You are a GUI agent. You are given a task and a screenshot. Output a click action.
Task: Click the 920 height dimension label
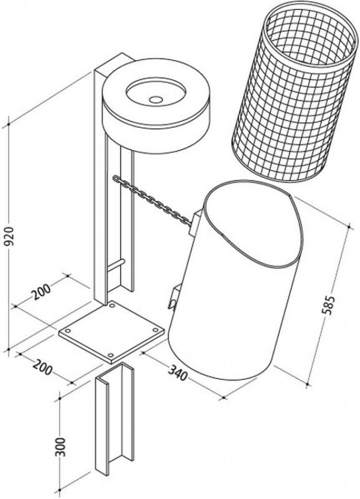(x=9, y=236)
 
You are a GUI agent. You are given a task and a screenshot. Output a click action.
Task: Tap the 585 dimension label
(x=328, y=305)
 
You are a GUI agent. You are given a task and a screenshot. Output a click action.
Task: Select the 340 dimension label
(x=178, y=372)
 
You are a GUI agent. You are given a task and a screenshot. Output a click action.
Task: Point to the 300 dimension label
(x=60, y=447)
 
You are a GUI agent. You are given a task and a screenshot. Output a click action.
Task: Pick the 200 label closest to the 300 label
(x=42, y=366)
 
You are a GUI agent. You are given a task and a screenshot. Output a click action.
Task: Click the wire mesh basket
(x=294, y=92)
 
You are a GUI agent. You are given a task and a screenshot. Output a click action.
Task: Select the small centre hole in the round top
(x=156, y=99)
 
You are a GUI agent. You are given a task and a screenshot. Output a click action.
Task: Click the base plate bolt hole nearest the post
(x=112, y=305)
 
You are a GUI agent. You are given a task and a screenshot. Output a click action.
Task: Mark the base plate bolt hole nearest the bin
(x=155, y=330)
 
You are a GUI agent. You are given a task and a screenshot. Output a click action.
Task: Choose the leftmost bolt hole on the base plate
(x=68, y=331)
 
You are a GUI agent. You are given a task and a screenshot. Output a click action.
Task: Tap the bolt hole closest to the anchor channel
(x=110, y=355)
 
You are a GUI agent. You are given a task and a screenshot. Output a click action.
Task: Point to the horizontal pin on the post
(x=116, y=265)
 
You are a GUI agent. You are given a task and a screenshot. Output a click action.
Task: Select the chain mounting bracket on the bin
(x=194, y=222)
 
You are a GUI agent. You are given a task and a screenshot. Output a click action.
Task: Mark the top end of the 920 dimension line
(x=9, y=123)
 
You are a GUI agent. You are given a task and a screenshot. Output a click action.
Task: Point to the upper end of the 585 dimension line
(x=349, y=226)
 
